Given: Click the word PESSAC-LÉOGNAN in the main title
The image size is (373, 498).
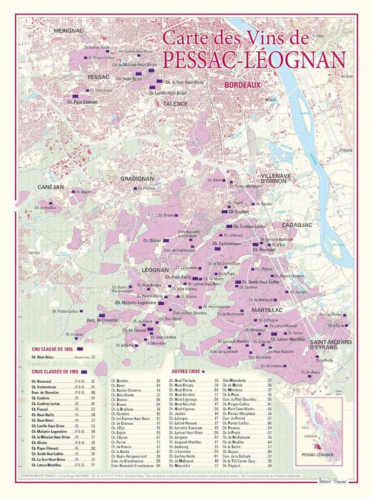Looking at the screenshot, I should (255, 60).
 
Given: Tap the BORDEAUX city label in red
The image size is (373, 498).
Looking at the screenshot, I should (242, 85).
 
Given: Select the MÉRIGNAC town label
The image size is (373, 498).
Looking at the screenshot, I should (69, 30).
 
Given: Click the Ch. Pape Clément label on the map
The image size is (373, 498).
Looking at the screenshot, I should (83, 102).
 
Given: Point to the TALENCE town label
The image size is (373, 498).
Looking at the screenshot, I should (175, 104).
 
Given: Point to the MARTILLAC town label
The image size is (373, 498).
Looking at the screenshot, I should (264, 310).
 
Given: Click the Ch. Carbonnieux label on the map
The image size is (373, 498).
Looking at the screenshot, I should (227, 244).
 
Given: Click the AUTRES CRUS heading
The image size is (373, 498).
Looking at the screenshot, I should (185, 372).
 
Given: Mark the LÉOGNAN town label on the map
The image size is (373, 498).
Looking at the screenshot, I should (155, 270).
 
